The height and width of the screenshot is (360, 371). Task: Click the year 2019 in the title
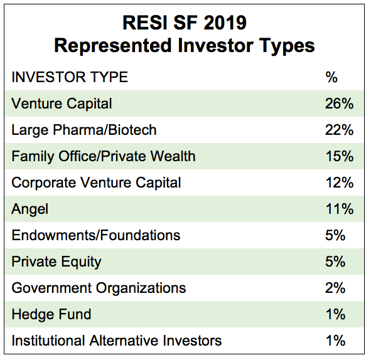click(225, 23)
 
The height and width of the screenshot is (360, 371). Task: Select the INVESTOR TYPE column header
click(70, 77)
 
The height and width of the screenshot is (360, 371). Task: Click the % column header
click(331, 77)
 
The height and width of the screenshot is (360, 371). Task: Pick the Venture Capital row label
click(62, 103)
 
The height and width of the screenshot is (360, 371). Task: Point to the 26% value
click(339, 103)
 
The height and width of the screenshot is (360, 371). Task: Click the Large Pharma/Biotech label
click(84, 130)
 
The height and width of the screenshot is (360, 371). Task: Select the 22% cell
click(339, 130)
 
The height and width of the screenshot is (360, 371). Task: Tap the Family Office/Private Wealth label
click(104, 156)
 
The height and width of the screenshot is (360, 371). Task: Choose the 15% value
click(340, 156)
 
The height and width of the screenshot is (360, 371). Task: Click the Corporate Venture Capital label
click(96, 183)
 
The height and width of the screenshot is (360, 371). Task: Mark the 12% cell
click(340, 183)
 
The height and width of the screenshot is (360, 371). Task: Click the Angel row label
click(30, 209)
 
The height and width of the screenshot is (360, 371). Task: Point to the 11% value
click(340, 209)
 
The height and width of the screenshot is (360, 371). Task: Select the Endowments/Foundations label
click(96, 235)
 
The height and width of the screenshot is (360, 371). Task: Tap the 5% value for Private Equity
click(335, 262)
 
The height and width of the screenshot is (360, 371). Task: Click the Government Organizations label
click(99, 288)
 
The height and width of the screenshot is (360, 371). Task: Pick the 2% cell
click(335, 288)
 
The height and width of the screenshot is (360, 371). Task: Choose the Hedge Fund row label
click(51, 314)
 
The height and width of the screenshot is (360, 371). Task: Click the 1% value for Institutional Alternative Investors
click(335, 341)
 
